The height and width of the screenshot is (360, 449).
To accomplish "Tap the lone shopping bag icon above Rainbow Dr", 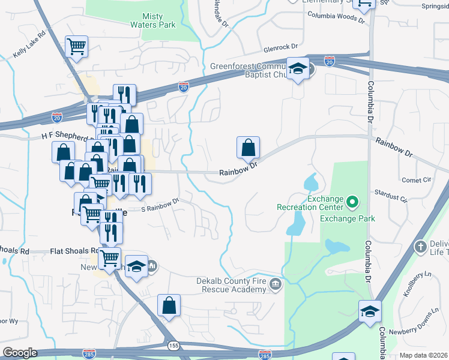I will click(x=248, y=146).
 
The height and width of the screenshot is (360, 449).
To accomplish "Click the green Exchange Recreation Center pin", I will click(x=352, y=203).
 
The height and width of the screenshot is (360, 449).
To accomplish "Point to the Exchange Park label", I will click(x=348, y=218).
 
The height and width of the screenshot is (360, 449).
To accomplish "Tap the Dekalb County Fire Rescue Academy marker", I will click(x=276, y=284).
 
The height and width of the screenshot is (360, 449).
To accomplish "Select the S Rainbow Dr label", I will click(x=160, y=205).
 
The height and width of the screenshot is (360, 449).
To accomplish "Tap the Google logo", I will click(x=20, y=353).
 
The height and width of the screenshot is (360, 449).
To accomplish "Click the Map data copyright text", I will click(x=423, y=355).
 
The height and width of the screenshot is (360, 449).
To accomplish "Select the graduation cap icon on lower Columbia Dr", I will click(x=370, y=310).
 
